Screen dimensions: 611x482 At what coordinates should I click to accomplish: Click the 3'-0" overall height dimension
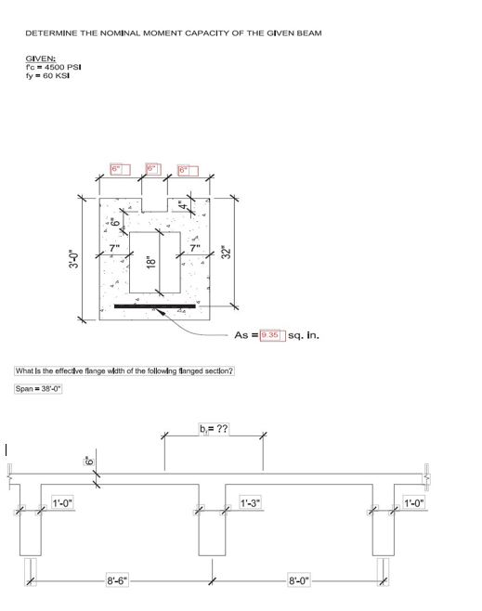(71, 259)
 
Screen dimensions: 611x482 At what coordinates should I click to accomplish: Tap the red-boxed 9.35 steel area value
(269, 333)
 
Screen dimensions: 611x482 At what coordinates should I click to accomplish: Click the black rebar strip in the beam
(154, 305)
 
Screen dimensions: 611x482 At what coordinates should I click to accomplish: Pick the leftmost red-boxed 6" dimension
(118, 170)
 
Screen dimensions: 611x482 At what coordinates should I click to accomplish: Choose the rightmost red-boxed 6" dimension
(187, 170)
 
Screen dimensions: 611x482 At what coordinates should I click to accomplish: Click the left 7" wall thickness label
(114, 246)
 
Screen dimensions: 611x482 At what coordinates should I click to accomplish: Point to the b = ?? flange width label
(213, 430)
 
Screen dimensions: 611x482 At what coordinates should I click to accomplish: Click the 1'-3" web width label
(250, 503)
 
